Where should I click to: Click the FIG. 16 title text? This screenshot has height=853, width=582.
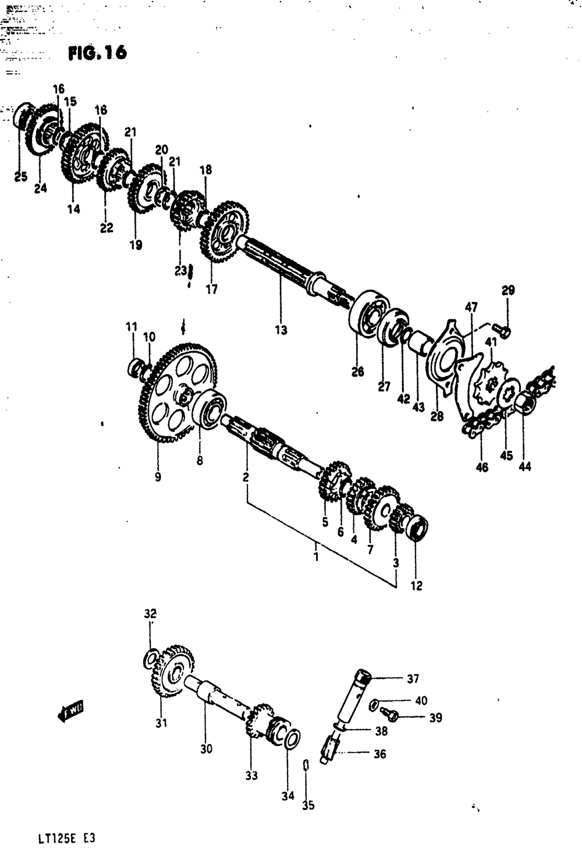(x=97, y=53)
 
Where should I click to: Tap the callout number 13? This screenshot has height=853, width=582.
(x=281, y=330)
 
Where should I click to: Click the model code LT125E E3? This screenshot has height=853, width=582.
(x=65, y=840)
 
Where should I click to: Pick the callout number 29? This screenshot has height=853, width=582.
(x=508, y=290)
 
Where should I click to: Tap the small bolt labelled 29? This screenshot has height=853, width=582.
(x=505, y=331)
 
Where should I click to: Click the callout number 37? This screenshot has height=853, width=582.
(x=413, y=678)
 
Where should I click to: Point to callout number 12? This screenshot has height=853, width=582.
(x=416, y=586)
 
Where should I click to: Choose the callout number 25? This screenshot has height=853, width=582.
(x=20, y=177)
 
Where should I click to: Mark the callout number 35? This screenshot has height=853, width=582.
(x=308, y=805)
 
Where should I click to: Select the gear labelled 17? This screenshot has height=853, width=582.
(x=225, y=232)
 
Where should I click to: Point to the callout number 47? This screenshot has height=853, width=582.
(x=471, y=307)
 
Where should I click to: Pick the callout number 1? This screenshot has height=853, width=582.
(x=315, y=557)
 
